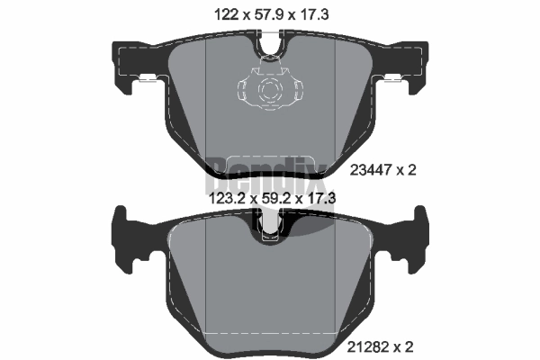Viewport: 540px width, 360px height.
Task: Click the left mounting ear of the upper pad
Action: point(128,67)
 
